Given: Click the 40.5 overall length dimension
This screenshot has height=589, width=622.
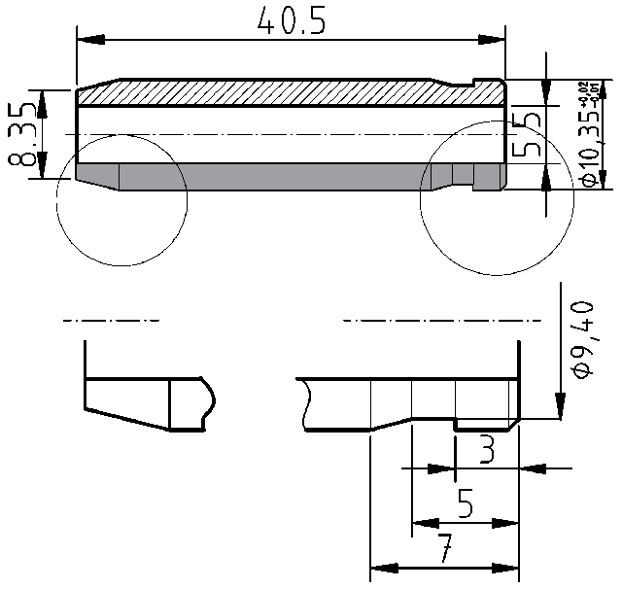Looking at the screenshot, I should [291, 20].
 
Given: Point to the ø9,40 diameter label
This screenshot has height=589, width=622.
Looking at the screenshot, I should [582, 339].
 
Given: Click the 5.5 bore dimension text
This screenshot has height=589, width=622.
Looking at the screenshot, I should [527, 134].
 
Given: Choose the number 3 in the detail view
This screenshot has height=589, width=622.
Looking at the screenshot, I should [485, 450].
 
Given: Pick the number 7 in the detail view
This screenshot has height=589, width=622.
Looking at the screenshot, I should [443, 551].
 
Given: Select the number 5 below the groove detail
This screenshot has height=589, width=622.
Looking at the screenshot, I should [465, 503].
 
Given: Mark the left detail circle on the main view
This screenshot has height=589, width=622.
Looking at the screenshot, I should [121, 199].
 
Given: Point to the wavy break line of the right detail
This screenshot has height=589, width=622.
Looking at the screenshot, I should [304, 404].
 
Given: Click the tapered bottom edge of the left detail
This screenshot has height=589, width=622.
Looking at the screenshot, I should [126, 419].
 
